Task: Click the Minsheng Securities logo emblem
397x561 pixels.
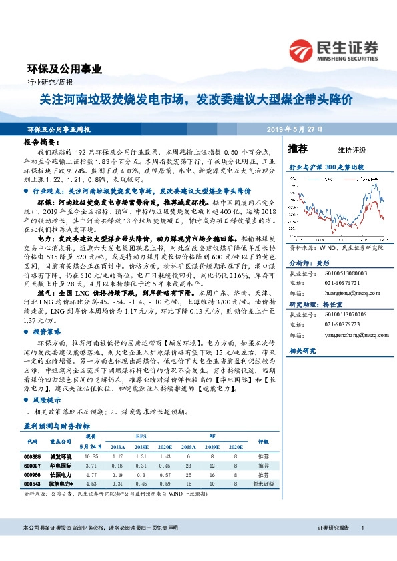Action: coord(302,51)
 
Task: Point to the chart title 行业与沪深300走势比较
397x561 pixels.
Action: coord(326,169)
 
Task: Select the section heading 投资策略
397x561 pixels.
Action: coord(47,330)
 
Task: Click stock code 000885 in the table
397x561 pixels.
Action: coord(32,456)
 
